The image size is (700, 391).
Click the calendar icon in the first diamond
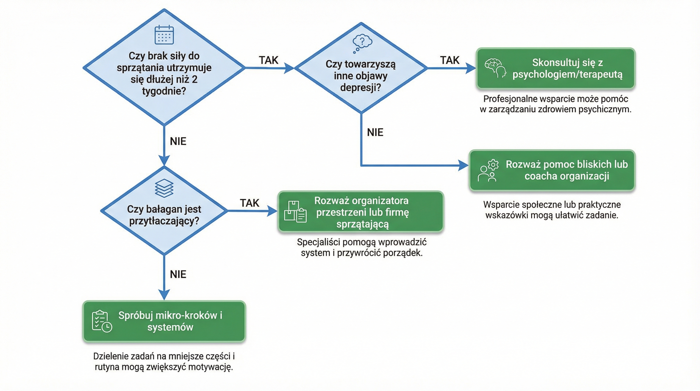[x=164, y=35]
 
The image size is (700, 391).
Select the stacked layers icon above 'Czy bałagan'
[x=164, y=188]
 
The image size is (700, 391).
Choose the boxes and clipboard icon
[x=295, y=212]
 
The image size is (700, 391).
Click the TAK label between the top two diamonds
[x=269, y=60]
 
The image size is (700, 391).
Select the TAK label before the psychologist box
[x=450, y=60]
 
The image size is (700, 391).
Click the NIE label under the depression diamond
[x=375, y=132]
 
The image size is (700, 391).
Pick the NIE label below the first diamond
[x=178, y=141]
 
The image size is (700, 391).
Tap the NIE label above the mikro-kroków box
[x=178, y=274]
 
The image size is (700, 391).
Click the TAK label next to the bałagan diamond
[x=250, y=203]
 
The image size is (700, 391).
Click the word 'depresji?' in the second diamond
[x=361, y=88]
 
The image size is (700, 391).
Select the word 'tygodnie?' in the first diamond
[x=164, y=91]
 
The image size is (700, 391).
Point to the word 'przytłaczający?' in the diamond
[x=164, y=221]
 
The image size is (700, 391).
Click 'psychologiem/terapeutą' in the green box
[x=567, y=74]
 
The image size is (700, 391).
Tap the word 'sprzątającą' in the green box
[x=362, y=224]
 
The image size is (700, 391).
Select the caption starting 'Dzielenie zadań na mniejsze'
[x=164, y=361]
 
